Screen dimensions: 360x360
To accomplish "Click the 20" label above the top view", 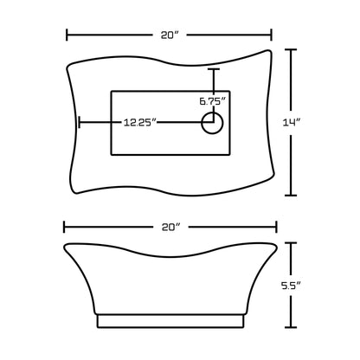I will point(170,35).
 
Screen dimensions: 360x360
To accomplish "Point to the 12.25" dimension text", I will point(139,123).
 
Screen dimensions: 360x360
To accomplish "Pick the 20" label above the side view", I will point(170,227).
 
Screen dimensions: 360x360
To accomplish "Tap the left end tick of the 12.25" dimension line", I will point(80,123).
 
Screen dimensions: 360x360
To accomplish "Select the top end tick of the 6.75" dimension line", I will point(213,70).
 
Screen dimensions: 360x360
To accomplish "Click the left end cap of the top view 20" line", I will point(67,35).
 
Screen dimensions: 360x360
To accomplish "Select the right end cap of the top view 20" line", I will point(272,35).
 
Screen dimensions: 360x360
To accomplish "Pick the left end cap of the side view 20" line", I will point(64,227).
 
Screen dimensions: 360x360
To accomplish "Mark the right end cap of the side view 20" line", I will point(276,227).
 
